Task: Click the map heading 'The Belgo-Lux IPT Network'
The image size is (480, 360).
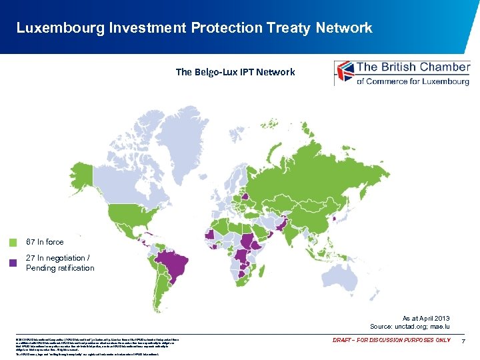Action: (235, 72)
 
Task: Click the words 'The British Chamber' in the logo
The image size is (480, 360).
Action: (413, 67)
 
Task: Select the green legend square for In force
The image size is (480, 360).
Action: (14, 243)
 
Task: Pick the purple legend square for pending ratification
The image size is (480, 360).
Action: (14, 263)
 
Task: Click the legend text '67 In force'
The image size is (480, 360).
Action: (45, 242)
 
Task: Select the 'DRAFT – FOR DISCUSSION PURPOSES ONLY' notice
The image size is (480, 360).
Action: (392, 341)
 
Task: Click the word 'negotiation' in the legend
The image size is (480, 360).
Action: (62, 258)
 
